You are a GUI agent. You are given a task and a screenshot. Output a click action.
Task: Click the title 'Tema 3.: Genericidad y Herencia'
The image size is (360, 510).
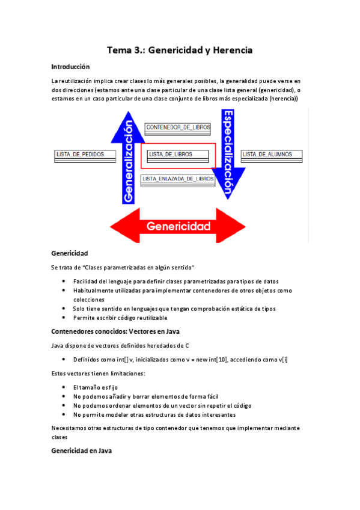[x=179, y=51]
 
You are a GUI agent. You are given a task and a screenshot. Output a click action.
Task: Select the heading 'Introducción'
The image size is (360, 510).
[x=70, y=67]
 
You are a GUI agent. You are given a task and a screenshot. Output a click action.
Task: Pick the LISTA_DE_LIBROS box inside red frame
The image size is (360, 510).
[x=171, y=155]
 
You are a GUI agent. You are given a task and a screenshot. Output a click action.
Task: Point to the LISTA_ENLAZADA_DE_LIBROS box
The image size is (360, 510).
[x=178, y=179]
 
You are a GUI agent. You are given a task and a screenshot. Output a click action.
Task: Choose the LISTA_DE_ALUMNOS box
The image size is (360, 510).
[x=272, y=155]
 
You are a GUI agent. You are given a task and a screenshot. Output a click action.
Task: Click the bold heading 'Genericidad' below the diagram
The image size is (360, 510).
[x=70, y=253]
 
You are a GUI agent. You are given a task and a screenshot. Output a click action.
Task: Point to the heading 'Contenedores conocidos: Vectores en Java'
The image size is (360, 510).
[x=115, y=331]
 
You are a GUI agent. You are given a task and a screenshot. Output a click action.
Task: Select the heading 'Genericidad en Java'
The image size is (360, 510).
[x=81, y=450]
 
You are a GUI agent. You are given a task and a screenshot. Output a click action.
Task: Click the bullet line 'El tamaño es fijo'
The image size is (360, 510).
[x=96, y=388]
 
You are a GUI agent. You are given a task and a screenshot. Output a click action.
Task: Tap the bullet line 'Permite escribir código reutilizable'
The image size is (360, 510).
[x=120, y=318]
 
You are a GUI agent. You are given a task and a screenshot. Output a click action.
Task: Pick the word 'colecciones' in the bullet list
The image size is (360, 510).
[x=88, y=299]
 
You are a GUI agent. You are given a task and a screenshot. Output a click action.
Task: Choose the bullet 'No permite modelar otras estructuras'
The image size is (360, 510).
[x=154, y=414]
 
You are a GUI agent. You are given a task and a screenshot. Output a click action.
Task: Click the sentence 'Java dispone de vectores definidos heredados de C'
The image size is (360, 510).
[x=121, y=345]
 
